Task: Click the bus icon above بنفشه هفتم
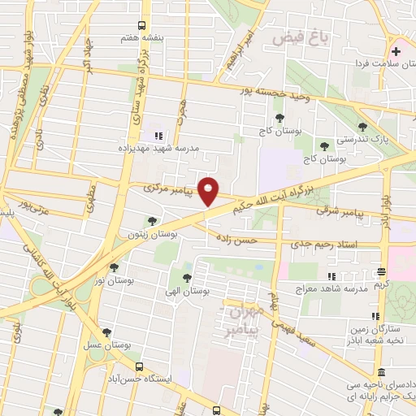coord(142,26)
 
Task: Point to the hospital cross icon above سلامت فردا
coord(396,50)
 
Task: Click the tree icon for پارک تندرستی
coord(363,125)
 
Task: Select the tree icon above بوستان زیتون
coord(152,221)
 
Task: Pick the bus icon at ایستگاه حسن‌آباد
coord(139,366)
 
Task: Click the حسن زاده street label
coord(236,240)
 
